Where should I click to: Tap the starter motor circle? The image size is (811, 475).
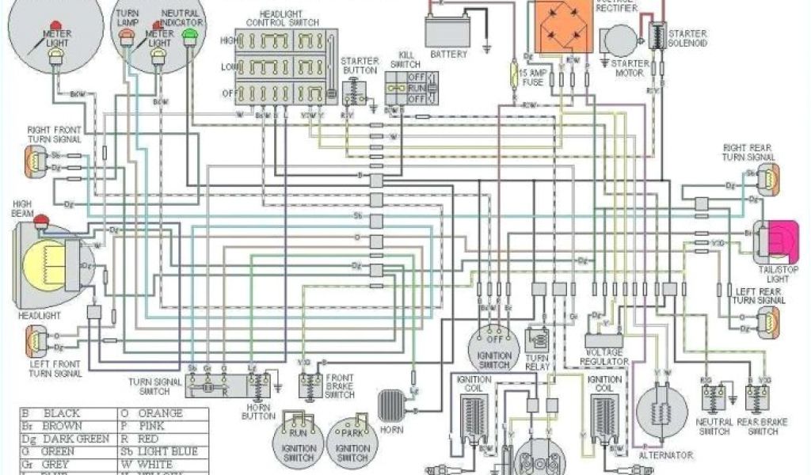pyautogui.click(x=619, y=40)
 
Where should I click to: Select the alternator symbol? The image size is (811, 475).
pyautogui.click(x=657, y=411)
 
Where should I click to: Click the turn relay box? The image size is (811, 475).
pyautogui.click(x=540, y=340)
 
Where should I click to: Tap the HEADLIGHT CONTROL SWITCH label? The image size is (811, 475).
pyautogui.click(x=284, y=18)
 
